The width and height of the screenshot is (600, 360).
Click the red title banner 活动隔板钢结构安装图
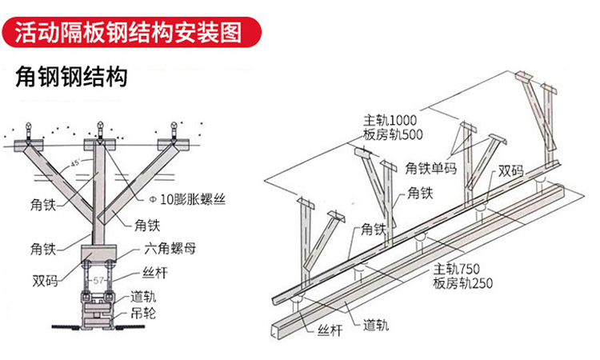point(132,32)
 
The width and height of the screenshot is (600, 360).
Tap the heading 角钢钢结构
point(71,78)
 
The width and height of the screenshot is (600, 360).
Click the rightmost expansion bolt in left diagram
point(174,128)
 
